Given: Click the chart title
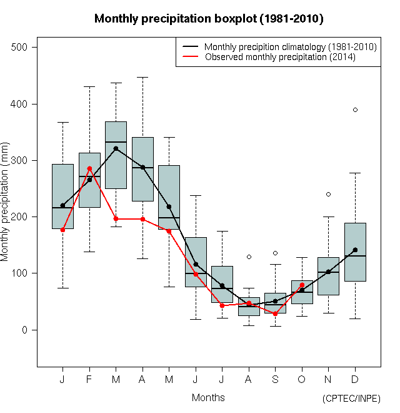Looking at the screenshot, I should click(209, 19).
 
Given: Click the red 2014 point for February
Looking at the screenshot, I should click(89, 168).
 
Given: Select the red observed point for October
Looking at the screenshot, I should click(302, 285).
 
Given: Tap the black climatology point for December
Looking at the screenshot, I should click(355, 250).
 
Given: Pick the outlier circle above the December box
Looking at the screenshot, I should click(355, 110).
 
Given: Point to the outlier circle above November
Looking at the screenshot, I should click(328, 194).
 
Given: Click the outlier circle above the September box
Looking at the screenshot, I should click(275, 253).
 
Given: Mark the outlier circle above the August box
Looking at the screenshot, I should click(249, 257).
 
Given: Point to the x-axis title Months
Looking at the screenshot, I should click(208, 397).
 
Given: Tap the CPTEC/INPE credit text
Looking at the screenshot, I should click(351, 399).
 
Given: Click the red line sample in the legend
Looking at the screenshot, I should click(190, 57).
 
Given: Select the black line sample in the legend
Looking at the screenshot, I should click(190, 47).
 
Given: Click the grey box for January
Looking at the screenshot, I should click(62, 188).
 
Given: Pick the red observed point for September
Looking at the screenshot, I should click(275, 314).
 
